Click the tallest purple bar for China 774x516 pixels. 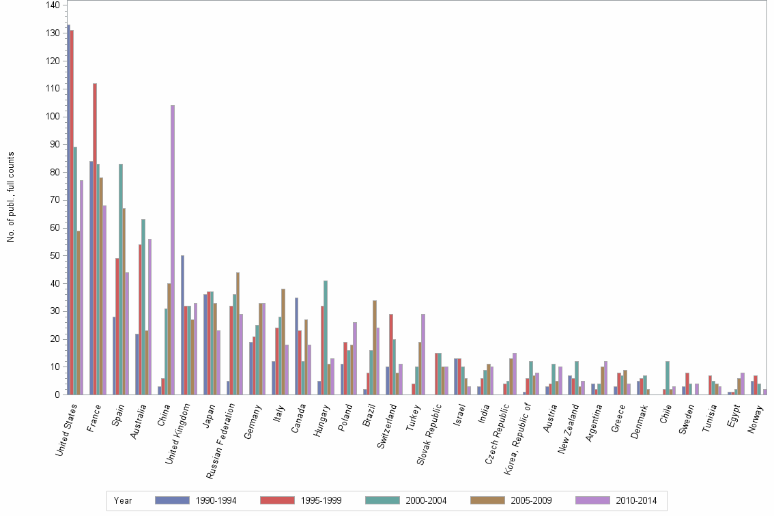[173, 250]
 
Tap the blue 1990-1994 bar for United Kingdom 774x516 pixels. [183, 325]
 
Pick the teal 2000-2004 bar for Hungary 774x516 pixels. [326, 337]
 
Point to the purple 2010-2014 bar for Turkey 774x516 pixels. [424, 354]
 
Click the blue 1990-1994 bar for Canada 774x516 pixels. [297, 346]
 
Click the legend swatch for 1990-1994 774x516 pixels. [172, 500]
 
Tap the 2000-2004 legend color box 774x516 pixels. [383, 500]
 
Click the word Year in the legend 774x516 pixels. [124, 501]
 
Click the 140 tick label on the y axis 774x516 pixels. [52, 5]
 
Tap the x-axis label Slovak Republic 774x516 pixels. [429, 430]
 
